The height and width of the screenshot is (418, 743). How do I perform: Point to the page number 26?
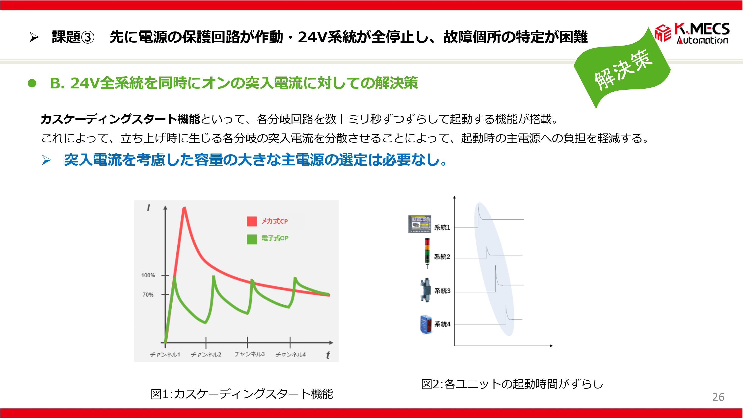pos(718,397)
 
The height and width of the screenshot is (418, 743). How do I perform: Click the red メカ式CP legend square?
pos(252,221)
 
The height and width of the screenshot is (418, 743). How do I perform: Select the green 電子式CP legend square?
pos(252,239)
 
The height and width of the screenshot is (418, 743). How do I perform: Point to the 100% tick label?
pos(148,275)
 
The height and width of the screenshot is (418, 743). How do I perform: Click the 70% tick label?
pos(148,294)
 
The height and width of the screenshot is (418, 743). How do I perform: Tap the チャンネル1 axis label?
pos(165,354)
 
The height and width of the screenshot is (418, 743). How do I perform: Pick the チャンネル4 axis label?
pos(291,354)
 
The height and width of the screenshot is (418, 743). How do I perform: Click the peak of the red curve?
pos(184,208)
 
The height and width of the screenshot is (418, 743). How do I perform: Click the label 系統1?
pos(442,228)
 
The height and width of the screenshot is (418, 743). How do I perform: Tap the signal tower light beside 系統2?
pos(427,253)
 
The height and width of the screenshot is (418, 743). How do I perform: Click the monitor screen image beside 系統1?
pos(420,224)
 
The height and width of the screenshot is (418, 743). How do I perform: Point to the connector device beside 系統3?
pos(425,290)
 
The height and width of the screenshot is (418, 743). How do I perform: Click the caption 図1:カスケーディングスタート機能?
pos(242,394)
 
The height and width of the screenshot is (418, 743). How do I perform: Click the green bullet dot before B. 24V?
pos(32,83)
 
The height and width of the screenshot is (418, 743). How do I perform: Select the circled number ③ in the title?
pos(88,37)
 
